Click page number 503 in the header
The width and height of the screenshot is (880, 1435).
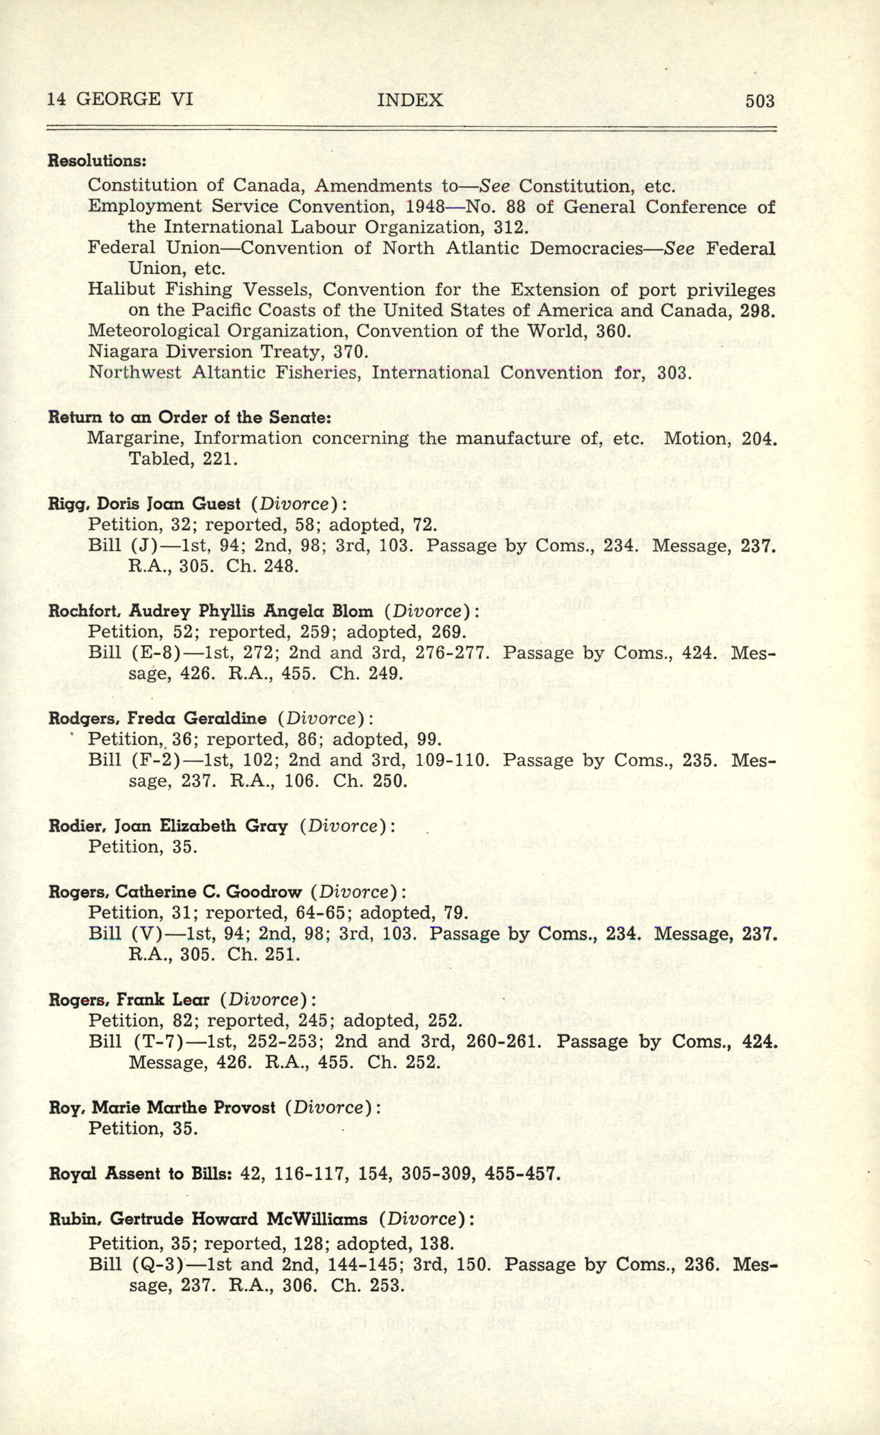759,101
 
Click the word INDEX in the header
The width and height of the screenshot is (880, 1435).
410,100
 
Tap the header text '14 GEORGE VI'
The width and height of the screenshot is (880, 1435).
120,99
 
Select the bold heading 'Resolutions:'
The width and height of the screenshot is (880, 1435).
96,160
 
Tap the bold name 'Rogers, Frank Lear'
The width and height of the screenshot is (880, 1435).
128,1000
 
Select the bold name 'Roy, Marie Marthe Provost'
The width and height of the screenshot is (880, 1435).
162,1107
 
